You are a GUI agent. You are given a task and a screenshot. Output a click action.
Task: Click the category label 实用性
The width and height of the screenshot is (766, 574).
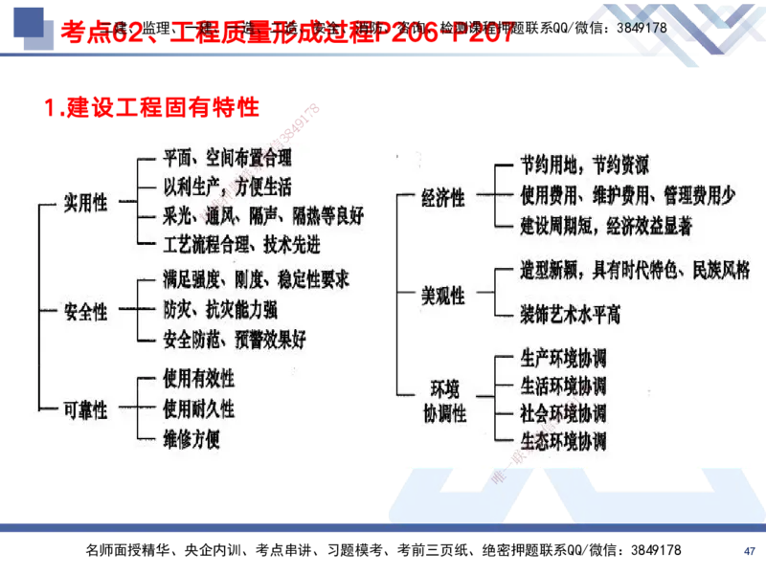click(x=86, y=204)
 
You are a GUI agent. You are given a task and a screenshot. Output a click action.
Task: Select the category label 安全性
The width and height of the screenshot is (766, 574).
click(x=86, y=312)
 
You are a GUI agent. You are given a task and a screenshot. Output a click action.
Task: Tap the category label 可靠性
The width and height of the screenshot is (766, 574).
click(x=86, y=408)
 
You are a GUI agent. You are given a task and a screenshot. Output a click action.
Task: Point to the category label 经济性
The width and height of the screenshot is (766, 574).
click(x=443, y=197)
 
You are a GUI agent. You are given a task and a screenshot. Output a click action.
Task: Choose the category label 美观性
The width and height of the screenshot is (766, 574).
click(x=443, y=296)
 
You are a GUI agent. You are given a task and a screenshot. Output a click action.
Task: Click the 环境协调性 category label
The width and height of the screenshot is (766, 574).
click(x=443, y=401)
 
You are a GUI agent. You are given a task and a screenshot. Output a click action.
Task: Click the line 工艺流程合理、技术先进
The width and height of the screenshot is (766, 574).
click(x=241, y=245)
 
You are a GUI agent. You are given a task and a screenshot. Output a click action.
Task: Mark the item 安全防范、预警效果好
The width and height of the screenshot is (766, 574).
click(x=235, y=339)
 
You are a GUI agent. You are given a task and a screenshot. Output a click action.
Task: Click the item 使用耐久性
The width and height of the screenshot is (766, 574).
click(x=198, y=409)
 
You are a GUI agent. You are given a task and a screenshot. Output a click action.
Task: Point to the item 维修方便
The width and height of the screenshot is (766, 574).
click(x=191, y=439)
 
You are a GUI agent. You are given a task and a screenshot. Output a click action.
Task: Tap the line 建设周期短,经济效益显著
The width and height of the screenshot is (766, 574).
click(x=606, y=226)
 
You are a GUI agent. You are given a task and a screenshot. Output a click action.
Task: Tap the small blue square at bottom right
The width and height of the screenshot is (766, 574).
click(x=751, y=550)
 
